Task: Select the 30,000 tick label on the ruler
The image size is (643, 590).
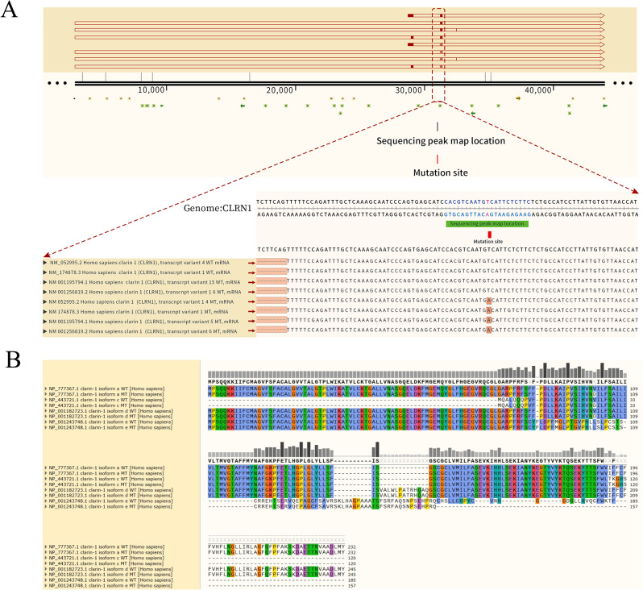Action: click(x=410, y=89)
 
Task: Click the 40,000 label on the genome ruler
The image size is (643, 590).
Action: click(x=537, y=89)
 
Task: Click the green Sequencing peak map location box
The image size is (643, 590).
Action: click(x=482, y=220)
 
